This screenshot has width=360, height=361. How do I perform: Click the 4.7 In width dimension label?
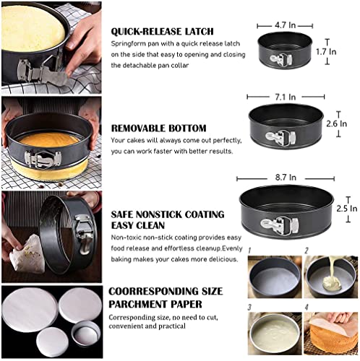click(x=285, y=25)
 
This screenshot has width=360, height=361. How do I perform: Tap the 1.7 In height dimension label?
click(x=326, y=52)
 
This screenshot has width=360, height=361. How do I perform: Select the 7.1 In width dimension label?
click(x=286, y=97)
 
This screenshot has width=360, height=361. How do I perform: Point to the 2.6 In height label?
click(x=337, y=123)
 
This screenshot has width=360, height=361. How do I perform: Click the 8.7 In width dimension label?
click(x=286, y=178)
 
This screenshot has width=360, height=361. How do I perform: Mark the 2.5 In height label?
click(x=347, y=209)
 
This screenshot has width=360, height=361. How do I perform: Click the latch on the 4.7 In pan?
click(x=281, y=59)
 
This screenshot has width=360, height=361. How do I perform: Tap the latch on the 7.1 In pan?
click(x=280, y=137)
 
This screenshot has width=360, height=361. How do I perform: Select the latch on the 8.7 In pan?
click(x=280, y=225)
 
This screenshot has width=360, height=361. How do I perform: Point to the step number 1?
click(x=249, y=251)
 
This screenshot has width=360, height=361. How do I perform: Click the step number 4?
click(x=307, y=308)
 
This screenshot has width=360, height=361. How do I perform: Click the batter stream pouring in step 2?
click(x=331, y=267)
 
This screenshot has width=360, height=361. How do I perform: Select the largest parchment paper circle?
click(x=30, y=310)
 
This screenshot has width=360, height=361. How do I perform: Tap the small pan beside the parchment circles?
click(x=85, y=334)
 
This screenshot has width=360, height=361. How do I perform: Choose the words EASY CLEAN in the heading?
click(x=138, y=225)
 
